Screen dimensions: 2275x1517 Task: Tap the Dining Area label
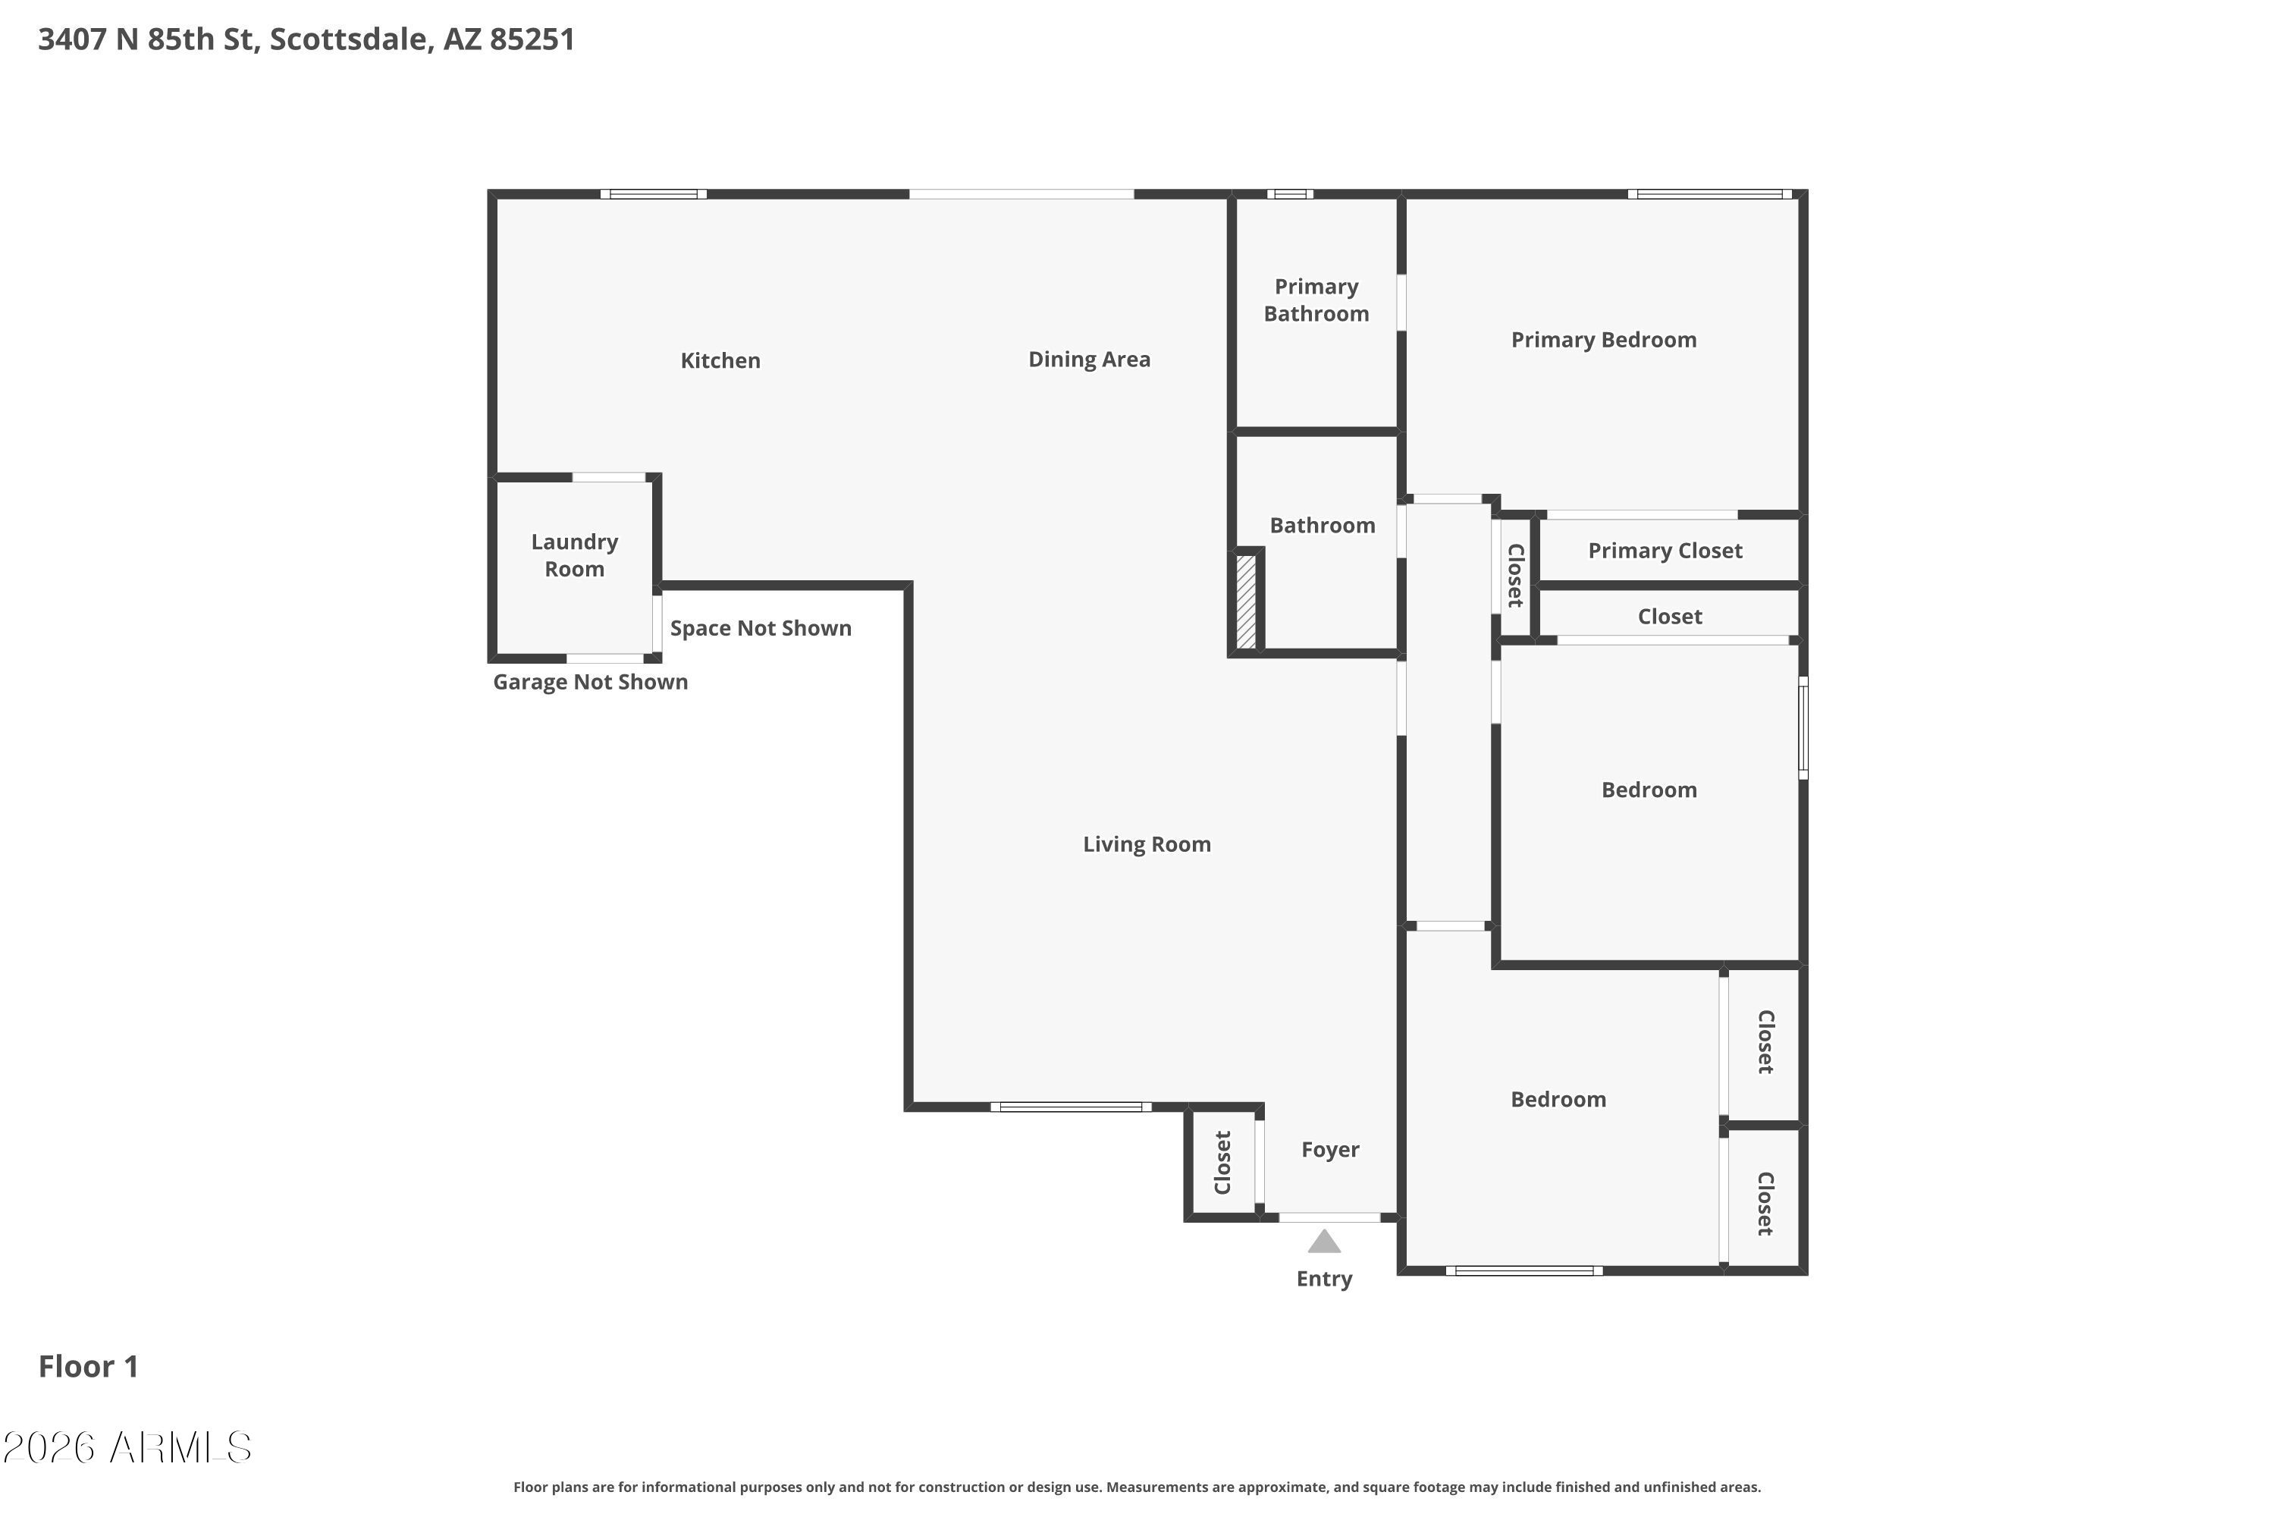point(1089,360)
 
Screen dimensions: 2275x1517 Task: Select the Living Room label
point(1146,845)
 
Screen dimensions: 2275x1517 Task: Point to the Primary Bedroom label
point(1604,340)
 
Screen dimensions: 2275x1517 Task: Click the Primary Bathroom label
point(1316,300)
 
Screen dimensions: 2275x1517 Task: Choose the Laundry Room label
point(575,555)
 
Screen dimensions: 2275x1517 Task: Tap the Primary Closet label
point(1665,551)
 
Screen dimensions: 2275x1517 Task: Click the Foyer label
point(1330,1149)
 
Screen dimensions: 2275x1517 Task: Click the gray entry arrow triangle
point(1324,1241)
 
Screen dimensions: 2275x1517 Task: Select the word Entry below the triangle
point(1324,1279)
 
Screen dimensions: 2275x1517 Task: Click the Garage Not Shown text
point(590,682)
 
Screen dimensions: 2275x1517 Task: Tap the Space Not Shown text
point(761,628)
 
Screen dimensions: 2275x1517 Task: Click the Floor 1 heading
point(88,1366)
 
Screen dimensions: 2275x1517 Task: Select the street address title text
point(306,39)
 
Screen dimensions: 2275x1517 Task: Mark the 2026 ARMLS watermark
point(127,1447)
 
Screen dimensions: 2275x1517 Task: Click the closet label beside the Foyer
point(1222,1163)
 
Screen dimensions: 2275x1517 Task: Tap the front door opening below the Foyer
point(1329,1218)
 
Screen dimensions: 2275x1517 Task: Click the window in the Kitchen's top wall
point(654,194)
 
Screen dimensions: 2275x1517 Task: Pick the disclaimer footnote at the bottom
point(1137,1487)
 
